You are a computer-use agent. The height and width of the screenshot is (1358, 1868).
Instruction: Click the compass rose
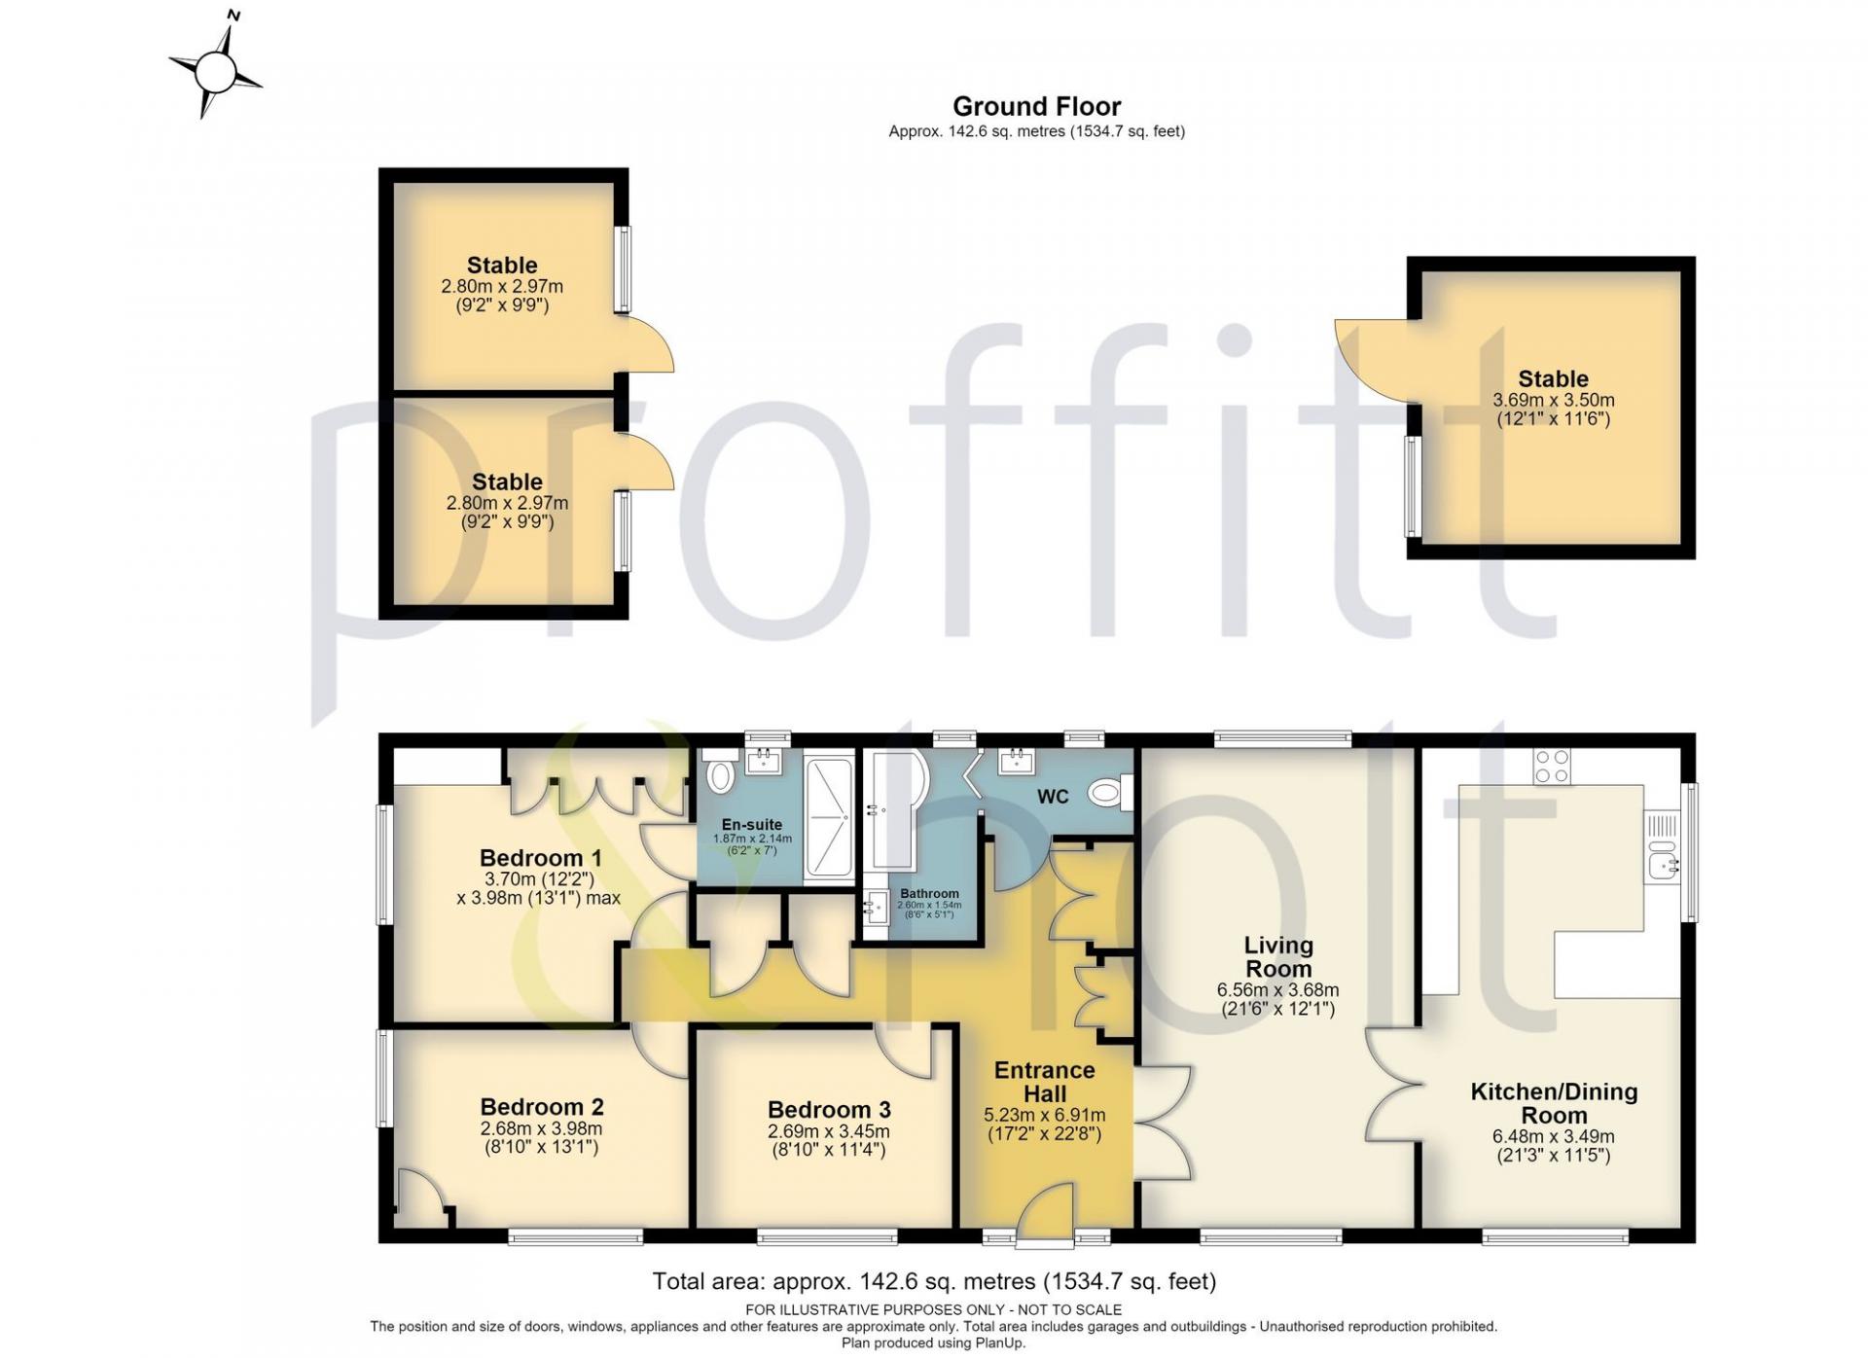(x=216, y=70)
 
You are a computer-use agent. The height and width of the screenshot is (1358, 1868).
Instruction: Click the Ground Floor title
(x=1036, y=106)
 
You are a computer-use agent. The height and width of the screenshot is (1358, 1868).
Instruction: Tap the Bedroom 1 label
(x=540, y=858)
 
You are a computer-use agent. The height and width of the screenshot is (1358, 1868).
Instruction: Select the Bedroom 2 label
(x=542, y=1107)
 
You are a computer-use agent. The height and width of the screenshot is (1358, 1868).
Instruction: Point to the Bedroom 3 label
(x=829, y=1110)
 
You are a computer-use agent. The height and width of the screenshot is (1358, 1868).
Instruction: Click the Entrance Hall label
(x=1045, y=1082)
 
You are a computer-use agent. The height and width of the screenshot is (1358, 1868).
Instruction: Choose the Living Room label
(x=1278, y=957)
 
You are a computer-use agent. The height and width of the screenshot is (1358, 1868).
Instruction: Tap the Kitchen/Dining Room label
(x=1554, y=1103)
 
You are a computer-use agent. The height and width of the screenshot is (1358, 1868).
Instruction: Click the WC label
(x=1053, y=798)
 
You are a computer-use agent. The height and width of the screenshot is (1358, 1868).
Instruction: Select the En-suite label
(x=752, y=825)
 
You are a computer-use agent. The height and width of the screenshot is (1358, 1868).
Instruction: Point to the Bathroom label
(x=929, y=893)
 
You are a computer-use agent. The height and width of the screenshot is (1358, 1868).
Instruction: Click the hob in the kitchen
(x=1551, y=766)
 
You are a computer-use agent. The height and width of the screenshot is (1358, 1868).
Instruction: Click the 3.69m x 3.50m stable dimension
(x=1554, y=400)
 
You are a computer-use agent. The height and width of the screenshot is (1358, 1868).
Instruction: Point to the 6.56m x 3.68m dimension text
(x=1278, y=990)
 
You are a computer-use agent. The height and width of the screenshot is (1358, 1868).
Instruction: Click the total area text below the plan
(x=934, y=1281)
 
